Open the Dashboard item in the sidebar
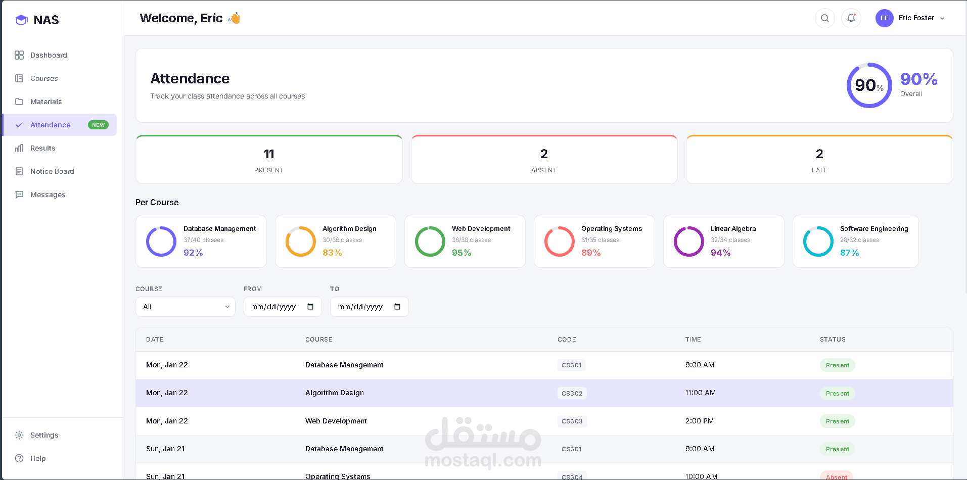[x=48, y=55]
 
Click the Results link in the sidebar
[x=42, y=148]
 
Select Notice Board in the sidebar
[x=52, y=171]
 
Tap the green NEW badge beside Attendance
[x=98, y=125]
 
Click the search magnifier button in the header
[x=824, y=18]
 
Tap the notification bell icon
[x=851, y=18]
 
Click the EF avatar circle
[x=884, y=18]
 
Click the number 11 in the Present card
[x=269, y=154]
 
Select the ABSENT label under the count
[x=544, y=170]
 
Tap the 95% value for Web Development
[x=462, y=253]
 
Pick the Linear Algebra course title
[x=733, y=229]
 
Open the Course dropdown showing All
[x=186, y=307]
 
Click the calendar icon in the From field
[x=310, y=307]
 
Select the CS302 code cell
[x=572, y=393]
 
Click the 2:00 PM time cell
[x=700, y=421]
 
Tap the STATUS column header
[x=833, y=340]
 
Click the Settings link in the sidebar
[x=44, y=435]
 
